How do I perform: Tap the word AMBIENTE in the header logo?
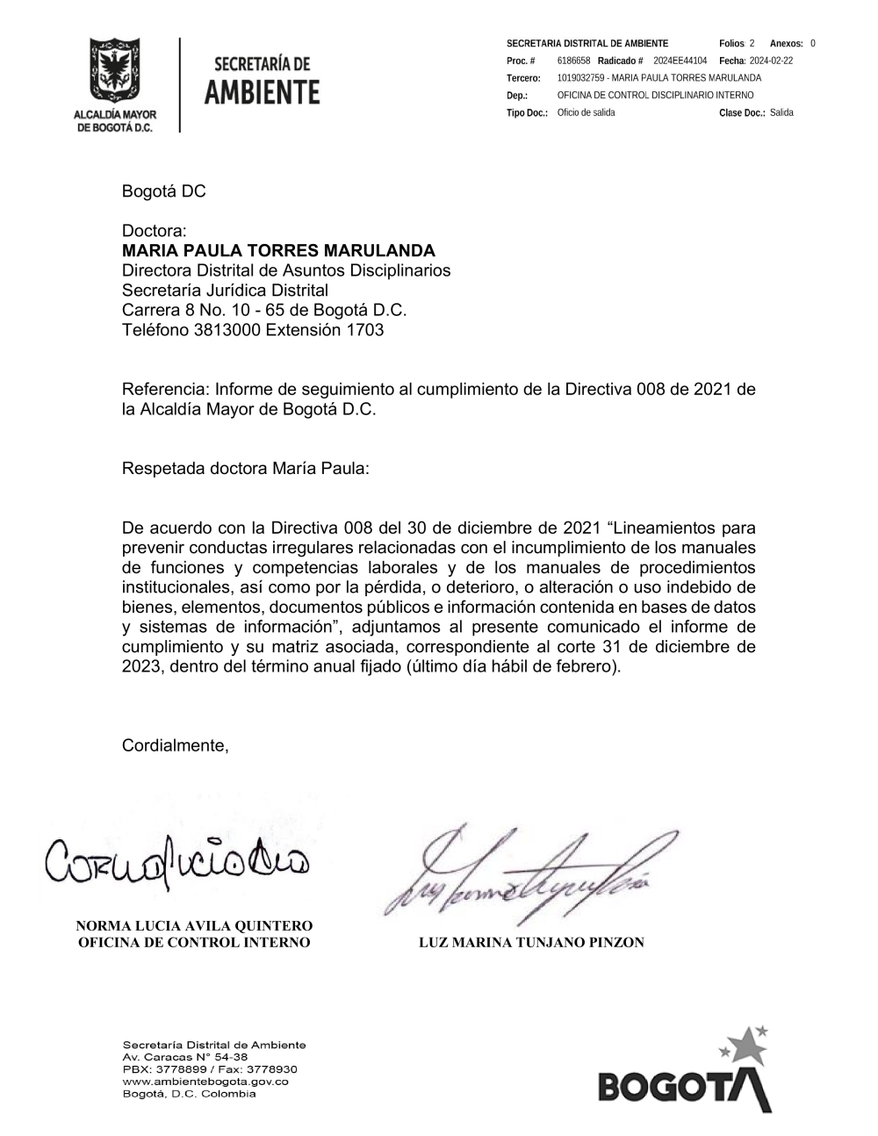point(262,92)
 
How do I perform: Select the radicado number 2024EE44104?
point(680,61)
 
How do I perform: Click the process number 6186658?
point(573,61)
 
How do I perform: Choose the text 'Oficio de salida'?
point(586,112)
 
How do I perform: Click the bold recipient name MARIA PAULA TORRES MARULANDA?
point(278,250)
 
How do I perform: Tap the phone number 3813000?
point(227,330)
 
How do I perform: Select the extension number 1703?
point(365,330)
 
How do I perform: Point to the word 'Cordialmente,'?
point(175,745)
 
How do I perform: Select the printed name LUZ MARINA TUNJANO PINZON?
point(531,943)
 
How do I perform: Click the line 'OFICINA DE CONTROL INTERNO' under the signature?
point(194,943)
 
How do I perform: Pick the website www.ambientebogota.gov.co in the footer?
point(205,1082)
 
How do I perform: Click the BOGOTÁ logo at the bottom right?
point(685,1075)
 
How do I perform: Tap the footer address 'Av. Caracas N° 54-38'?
point(186,1057)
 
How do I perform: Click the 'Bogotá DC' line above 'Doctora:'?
point(163,191)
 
